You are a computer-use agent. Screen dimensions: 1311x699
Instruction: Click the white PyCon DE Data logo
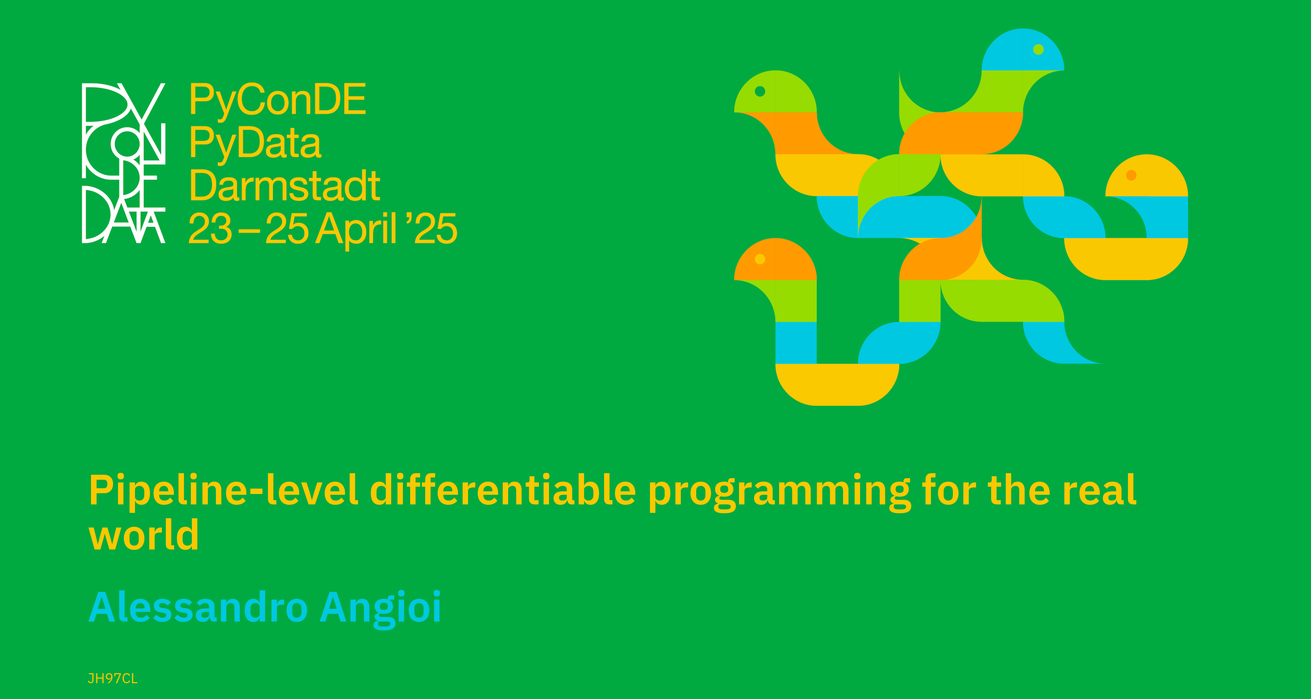[x=124, y=163]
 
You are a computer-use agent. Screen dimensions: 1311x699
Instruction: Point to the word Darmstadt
[x=284, y=185]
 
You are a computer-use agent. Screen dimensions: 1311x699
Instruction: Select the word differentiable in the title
[x=503, y=489]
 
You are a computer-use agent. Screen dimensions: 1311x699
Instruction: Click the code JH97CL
[x=113, y=679]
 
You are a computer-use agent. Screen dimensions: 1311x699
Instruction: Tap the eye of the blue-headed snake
[x=1039, y=49]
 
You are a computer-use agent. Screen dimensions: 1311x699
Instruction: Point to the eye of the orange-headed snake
[x=760, y=259]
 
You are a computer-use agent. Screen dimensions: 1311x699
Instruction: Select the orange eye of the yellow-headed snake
[x=1131, y=175]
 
